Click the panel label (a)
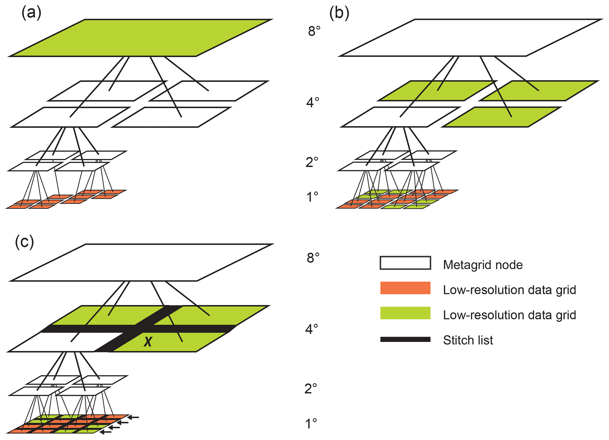point(31,13)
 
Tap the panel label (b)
point(339,13)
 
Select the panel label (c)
point(25,242)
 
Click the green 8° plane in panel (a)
point(141,38)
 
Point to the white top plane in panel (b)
point(471,38)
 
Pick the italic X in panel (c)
point(148,342)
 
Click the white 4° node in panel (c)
point(59,342)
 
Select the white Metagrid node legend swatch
point(405,263)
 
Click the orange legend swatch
point(405,288)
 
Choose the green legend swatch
point(405,313)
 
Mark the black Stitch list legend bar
point(405,339)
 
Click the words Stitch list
point(468,340)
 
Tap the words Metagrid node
point(483,265)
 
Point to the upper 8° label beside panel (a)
point(314,31)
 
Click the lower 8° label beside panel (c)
point(313,258)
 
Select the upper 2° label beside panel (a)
point(312,162)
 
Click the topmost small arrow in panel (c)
point(134,417)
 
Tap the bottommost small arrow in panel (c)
point(106,432)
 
